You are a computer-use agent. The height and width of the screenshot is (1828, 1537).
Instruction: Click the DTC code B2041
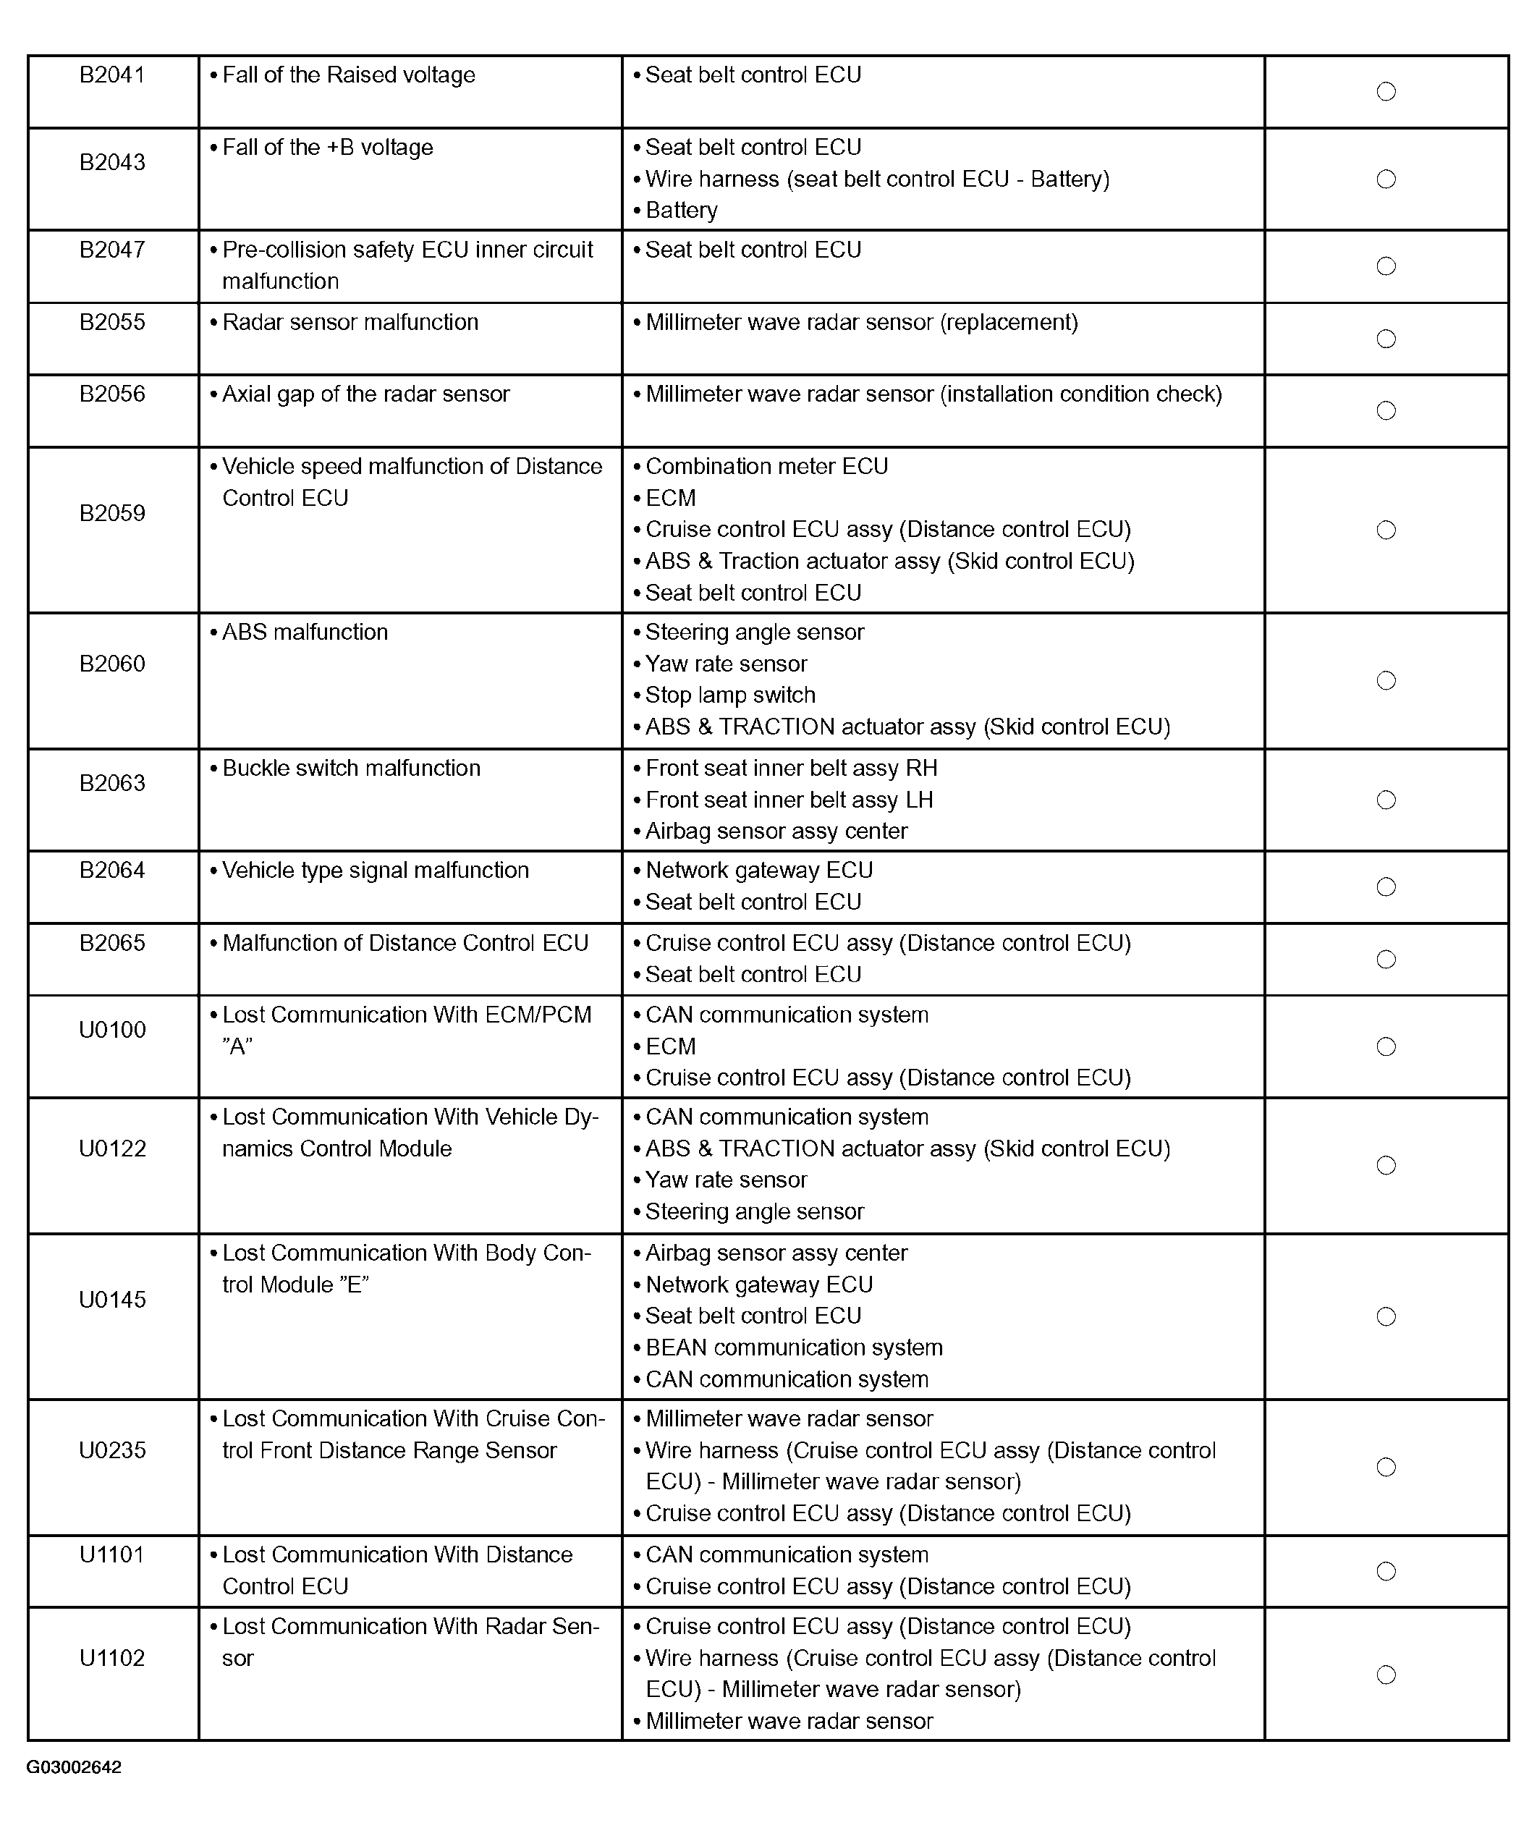(x=112, y=75)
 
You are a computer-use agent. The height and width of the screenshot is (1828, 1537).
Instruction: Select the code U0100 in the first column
(x=112, y=1030)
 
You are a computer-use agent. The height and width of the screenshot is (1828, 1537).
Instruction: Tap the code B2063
(x=112, y=783)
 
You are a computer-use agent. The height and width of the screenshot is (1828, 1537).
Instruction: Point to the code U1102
(x=112, y=1658)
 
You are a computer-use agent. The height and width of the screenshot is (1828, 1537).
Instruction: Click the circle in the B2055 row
(x=1385, y=339)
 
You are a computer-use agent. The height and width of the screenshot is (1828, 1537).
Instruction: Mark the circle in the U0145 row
(x=1385, y=1316)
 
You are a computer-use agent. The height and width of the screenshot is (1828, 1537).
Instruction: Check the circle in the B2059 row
(x=1385, y=530)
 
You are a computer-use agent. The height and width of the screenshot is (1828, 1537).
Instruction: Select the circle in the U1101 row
(x=1385, y=1571)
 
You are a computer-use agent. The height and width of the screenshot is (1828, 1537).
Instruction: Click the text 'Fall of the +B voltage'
(x=327, y=147)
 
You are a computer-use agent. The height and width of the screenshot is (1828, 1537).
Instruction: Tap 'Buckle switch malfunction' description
(x=351, y=769)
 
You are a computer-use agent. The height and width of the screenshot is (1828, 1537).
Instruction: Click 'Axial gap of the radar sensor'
(x=365, y=394)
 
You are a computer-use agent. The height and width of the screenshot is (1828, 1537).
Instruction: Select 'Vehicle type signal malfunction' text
(x=375, y=871)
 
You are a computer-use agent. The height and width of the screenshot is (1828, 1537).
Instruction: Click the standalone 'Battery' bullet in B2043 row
(x=682, y=211)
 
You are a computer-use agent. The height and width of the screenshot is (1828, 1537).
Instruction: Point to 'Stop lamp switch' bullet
(x=730, y=695)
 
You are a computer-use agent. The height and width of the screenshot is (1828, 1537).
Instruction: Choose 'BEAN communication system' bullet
(x=794, y=1348)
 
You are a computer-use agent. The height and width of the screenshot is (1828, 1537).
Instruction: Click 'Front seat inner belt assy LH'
(x=789, y=800)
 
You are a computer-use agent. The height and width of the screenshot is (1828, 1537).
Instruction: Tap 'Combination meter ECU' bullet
(x=767, y=466)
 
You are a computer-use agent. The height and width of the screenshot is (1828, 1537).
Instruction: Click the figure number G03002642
(x=74, y=1767)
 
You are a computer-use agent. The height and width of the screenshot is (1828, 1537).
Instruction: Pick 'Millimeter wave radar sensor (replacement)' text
(x=861, y=322)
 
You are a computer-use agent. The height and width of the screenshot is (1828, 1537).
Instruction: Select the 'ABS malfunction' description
(x=305, y=632)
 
